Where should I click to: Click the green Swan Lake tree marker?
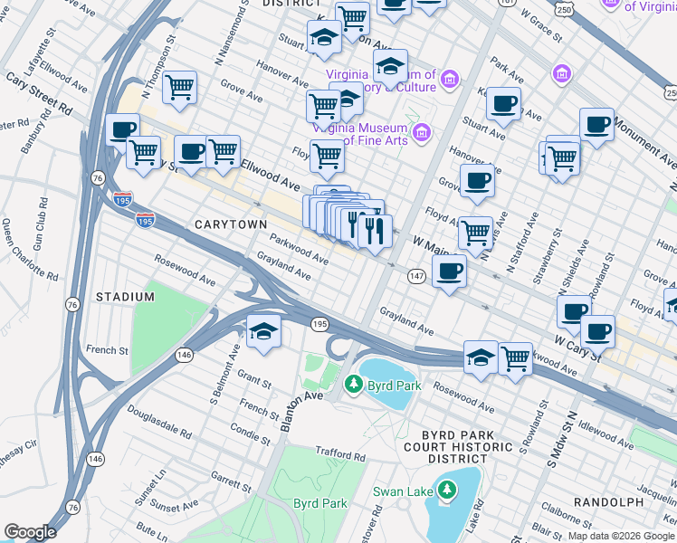pos(444,491)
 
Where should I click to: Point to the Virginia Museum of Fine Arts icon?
pos(420,134)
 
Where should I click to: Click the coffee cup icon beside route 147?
pos(449,271)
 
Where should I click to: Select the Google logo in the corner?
pos(29,531)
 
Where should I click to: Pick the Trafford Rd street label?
pos(338,452)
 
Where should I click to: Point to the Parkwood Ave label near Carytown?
pos(299,246)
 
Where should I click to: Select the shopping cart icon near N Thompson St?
pos(180,89)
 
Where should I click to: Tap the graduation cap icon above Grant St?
pos(263,332)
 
